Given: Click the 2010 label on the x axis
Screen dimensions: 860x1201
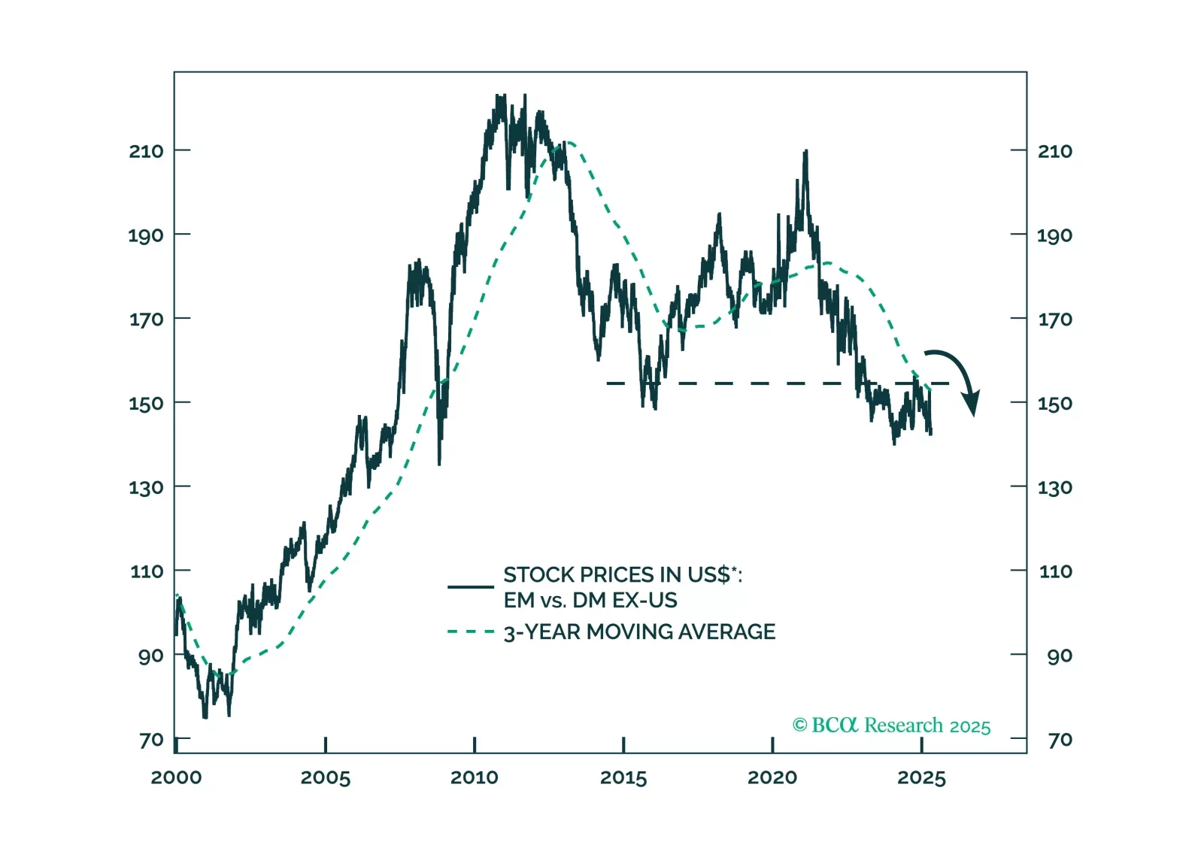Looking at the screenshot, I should pyautogui.click(x=474, y=777).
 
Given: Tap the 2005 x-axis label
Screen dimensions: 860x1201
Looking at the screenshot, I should pyautogui.click(x=325, y=777).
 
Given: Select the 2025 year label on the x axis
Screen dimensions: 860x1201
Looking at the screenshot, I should pyautogui.click(x=921, y=777).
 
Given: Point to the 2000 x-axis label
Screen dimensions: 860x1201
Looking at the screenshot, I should pyautogui.click(x=176, y=777).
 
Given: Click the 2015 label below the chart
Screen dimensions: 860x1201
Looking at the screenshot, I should pyautogui.click(x=623, y=777).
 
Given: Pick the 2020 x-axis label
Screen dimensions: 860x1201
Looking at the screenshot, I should pyautogui.click(x=772, y=777).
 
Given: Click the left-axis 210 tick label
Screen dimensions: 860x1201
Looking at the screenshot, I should pyautogui.click(x=146, y=151).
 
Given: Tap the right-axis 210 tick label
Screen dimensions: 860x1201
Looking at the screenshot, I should pyautogui.click(x=1055, y=151).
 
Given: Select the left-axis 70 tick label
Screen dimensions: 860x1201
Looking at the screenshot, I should pyautogui.click(x=151, y=740).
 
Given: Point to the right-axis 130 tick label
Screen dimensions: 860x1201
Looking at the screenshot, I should pyautogui.click(x=1055, y=488).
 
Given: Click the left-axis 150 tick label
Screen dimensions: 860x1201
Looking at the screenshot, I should pyautogui.click(x=146, y=404).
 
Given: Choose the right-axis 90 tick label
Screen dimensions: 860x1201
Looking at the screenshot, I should pyautogui.click(x=1060, y=656).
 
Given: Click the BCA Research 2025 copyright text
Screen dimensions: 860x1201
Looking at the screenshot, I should pyautogui.click(x=891, y=725).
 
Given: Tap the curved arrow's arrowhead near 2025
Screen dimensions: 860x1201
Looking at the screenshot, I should pyautogui.click(x=972, y=404).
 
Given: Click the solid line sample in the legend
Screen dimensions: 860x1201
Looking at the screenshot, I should pyautogui.click(x=471, y=586).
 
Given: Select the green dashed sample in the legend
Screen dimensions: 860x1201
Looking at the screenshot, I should pyautogui.click(x=471, y=631).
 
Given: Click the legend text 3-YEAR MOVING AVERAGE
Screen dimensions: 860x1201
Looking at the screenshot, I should pyautogui.click(x=639, y=631).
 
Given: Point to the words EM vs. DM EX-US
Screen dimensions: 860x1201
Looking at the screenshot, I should pyautogui.click(x=590, y=600).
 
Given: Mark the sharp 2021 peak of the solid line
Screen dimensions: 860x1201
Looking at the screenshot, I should pyautogui.click(x=805, y=153).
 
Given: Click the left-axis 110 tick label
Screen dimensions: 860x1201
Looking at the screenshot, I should pyautogui.click(x=147, y=571).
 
